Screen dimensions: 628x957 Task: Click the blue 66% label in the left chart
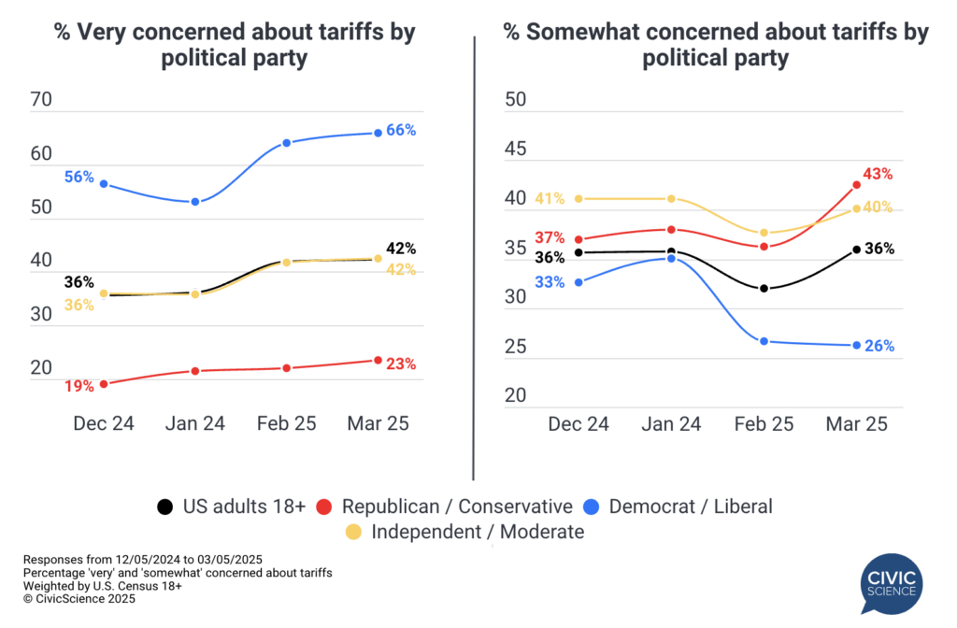point(401,130)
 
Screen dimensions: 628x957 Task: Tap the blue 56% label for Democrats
point(79,177)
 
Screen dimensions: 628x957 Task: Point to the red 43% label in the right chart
point(878,174)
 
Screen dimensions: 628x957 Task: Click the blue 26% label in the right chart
point(879,346)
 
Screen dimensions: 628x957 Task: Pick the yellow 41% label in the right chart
point(550,198)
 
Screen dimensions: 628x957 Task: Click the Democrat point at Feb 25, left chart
point(286,143)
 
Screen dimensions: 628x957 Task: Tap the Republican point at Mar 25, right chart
point(856,185)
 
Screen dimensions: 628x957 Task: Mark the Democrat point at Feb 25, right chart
point(764,341)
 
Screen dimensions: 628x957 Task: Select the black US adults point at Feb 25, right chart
point(764,289)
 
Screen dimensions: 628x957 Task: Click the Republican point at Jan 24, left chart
point(195,371)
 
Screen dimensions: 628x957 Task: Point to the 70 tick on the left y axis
point(42,100)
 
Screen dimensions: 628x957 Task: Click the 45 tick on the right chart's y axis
point(517,150)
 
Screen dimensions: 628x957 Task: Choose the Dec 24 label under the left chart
point(104,423)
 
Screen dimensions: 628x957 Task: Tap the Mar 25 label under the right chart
point(856,423)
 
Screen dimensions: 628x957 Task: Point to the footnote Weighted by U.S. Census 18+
point(103,586)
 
